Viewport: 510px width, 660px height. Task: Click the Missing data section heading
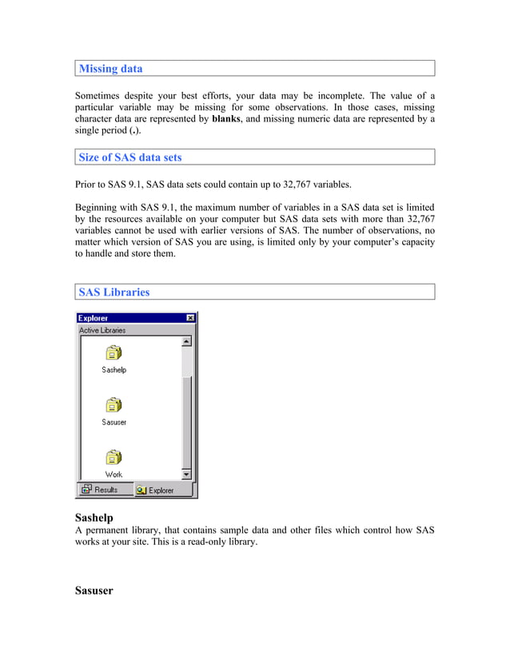click(110, 69)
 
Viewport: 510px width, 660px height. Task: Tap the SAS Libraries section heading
click(114, 292)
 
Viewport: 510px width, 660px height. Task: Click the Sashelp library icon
click(114, 353)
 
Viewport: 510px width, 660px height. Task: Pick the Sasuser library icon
click(114, 405)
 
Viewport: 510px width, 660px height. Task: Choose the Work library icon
click(114, 458)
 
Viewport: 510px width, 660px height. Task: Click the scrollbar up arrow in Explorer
click(186, 342)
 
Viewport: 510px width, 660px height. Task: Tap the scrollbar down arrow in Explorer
click(186, 474)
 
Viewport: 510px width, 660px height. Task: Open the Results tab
click(99, 490)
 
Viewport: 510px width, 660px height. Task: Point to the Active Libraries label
click(102, 330)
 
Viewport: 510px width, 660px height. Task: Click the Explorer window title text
click(94, 318)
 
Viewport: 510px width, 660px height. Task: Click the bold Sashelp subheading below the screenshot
click(101, 517)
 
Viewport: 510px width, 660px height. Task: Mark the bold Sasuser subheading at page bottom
click(94, 590)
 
